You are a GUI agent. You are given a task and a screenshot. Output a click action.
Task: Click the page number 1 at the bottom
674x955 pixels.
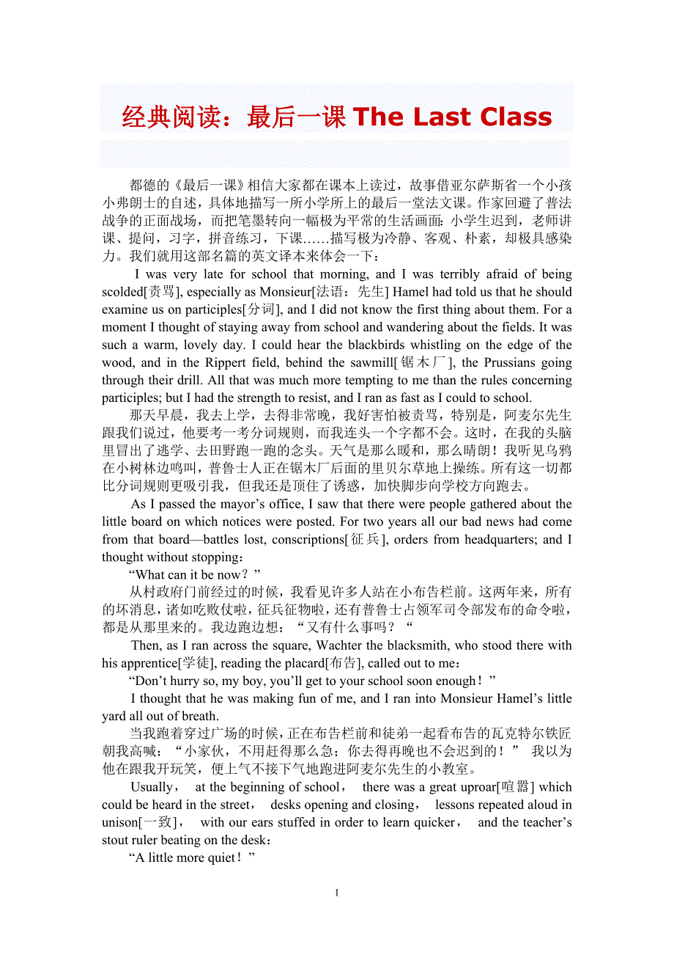[337, 893]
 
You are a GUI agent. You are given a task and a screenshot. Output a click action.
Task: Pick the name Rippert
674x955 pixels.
[233, 362]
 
